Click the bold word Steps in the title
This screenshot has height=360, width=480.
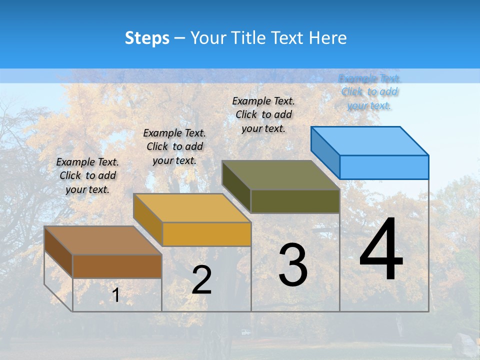click(147, 38)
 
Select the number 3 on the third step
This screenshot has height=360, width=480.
click(292, 265)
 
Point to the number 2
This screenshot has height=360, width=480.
click(201, 280)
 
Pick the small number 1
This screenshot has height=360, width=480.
click(115, 295)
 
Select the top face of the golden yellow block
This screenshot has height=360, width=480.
click(192, 208)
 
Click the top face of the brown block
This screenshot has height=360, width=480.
click(103, 240)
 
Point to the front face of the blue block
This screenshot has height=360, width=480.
click(384, 167)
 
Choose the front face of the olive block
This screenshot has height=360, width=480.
click(295, 201)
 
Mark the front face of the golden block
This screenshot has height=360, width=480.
click(206, 234)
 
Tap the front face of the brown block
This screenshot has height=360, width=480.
click(117, 266)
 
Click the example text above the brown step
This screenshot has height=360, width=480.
click(87, 175)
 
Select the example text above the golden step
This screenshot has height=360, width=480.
click(174, 146)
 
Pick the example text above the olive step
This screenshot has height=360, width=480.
click(263, 114)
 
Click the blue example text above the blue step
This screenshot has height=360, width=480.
click(369, 91)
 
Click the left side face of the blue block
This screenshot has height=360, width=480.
click(325, 152)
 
